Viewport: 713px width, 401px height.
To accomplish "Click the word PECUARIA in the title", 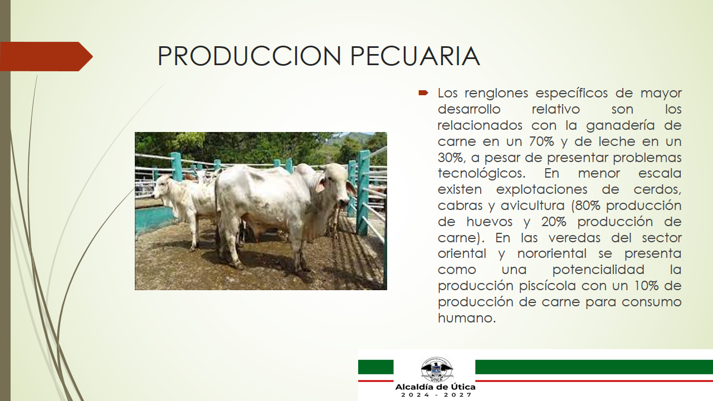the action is [x=415, y=56].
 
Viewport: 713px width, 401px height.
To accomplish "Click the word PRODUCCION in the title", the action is [x=249, y=56].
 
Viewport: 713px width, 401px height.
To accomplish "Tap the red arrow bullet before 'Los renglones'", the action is [x=423, y=93].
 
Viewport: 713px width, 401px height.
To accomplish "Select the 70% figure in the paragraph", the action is [x=541, y=141].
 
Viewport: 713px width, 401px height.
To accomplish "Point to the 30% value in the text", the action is [x=451, y=158].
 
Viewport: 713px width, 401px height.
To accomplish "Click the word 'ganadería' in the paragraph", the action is [x=620, y=125].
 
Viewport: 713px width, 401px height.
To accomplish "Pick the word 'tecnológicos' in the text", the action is [x=482, y=174].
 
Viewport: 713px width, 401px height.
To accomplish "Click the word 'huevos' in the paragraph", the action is [x=489, y=222].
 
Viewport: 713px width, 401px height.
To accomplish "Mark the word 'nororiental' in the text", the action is [x=551, y=253].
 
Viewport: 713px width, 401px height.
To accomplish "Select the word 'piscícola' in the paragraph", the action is [x=547, y=286].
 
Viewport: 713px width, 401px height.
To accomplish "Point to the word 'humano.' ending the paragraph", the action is [x=467, y=318].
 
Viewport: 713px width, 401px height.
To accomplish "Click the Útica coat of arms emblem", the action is [x=436, y=369].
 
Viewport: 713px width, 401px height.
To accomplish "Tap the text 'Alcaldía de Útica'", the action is [x=435, y=387].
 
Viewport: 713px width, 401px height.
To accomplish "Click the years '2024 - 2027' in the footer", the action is [x=436, y=395].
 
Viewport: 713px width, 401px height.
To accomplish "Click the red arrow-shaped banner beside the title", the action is [x=46, y=56].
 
